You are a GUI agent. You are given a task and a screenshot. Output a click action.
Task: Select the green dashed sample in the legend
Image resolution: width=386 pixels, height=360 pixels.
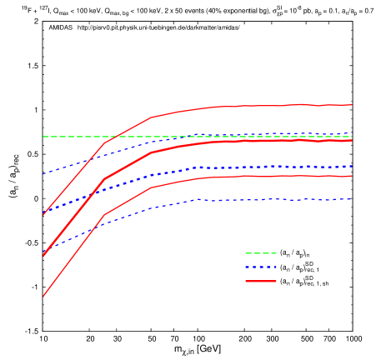coord(260,253)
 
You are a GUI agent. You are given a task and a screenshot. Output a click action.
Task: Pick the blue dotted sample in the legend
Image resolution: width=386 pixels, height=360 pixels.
coord(260,267)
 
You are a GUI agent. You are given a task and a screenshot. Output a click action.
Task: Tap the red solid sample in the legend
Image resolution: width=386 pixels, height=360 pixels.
coord(260,282)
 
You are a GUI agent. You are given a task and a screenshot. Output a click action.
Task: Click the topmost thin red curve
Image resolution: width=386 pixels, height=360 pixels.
coord(267,106)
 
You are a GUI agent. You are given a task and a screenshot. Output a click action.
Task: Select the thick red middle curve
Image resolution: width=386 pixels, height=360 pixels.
coord(267,141)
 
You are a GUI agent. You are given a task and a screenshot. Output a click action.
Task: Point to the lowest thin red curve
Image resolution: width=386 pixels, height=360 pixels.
coord(267,176)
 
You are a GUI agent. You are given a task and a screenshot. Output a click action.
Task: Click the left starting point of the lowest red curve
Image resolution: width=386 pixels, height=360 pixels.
coord(43,296)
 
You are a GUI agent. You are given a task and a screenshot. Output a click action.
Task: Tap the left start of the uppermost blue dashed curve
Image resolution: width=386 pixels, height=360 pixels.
coord(43,173)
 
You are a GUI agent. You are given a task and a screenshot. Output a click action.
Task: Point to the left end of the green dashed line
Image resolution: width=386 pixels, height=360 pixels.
coord(43,136)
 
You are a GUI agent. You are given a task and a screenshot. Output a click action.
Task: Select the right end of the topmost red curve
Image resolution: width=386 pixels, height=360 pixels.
coord(352,105)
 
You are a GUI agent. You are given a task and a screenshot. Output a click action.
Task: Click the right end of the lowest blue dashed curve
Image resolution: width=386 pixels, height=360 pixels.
coord(352,199)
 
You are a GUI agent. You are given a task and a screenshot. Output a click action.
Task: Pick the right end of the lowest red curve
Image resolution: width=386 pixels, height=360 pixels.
coord(352,176)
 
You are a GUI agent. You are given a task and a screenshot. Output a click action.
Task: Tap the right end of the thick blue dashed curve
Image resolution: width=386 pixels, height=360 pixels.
coord(352,167)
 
